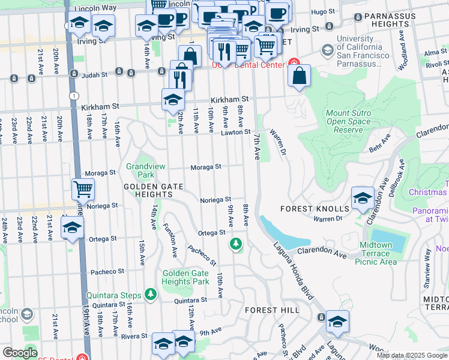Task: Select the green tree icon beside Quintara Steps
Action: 151,295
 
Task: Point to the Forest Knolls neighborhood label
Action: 315,209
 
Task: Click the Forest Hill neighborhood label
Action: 272,310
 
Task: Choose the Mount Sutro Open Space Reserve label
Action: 349,121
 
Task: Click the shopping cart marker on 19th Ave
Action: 83,189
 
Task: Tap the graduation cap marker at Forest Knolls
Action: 363,199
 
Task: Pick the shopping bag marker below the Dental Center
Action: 298,76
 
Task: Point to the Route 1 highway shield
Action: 73,95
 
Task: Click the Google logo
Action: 20,353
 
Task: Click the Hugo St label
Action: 322,11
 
